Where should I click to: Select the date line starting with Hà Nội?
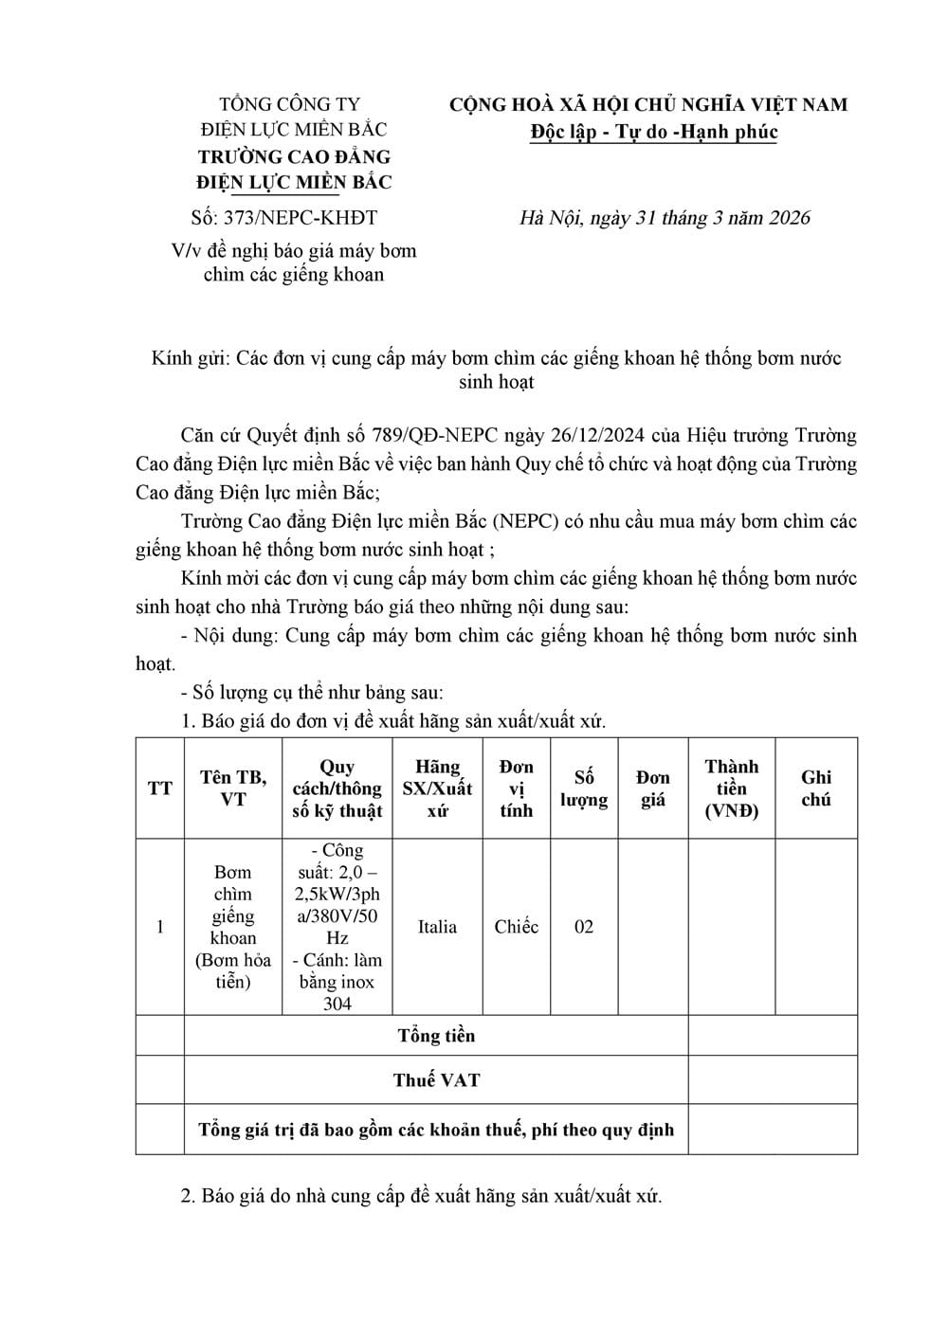(x=665, y=218)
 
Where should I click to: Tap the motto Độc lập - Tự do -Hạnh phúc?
(x=654, y=132)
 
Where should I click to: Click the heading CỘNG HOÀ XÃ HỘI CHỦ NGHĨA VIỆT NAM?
(x=648, y=104)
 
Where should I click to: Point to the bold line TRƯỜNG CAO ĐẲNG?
(x=294, y=156)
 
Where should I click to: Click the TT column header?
(x=160, y=788)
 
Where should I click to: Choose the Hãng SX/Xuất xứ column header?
(x=437, y=788)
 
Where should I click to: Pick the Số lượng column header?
(x=584, y=788)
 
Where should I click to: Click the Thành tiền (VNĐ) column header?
(x=732, y=788)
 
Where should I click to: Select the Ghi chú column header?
(x=816, y=788)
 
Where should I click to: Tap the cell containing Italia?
(x=437, y=927)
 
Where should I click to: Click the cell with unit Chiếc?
(x=516, y=927)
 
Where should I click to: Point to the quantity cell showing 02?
(x=584, y=927)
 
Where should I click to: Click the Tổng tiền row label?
(x=436, y=1036)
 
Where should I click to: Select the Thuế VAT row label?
(x=436, y=1080)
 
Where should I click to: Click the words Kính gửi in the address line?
(x=190, y=358)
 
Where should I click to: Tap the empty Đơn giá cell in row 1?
(x=652, y=927)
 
